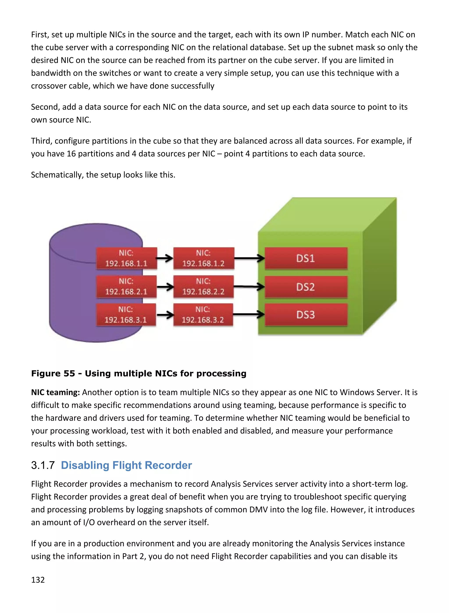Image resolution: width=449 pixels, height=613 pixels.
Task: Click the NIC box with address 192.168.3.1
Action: coord(126,314)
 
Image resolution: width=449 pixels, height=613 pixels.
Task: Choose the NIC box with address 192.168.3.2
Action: coord(203,314)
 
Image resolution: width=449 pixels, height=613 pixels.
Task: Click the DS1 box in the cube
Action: coord(306,258)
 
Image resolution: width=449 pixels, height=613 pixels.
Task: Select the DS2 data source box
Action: coord(306,287)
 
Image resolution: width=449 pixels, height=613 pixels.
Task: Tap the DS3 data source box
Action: coord(306,315)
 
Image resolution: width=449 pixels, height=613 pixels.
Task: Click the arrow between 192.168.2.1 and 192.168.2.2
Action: coord(165,287)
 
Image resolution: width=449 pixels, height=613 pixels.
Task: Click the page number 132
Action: coord(38,580)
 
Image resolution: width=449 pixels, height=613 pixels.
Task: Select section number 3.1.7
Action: coord(43,465)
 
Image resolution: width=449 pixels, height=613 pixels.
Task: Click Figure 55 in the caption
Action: coord(53,373)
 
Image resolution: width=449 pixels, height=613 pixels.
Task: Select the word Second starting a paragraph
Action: coord(45,107)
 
